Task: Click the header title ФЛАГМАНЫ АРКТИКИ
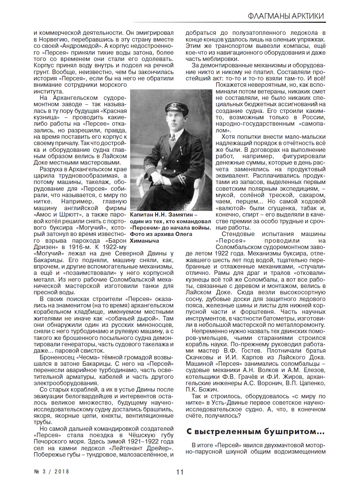click(x=286, y=16)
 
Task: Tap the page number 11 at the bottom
click(x=180, y=472)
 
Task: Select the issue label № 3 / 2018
click(x=52, y=472)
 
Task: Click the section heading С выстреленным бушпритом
click(x=256, y=432)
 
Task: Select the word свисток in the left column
click(x=93, y=350)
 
